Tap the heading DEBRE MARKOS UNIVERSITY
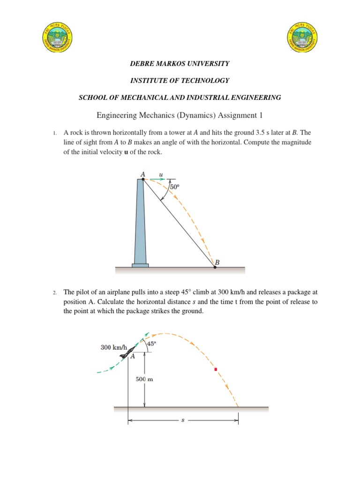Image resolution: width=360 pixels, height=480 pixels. pyautogui.click(x=180, y=63)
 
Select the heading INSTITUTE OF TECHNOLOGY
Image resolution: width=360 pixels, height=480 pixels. pyautogui.click(x=180, y=81)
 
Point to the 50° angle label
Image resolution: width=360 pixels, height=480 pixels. pyautogui.click(x=175, y=187)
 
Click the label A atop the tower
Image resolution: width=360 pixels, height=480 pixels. pyautogui.click(x=143, y=174)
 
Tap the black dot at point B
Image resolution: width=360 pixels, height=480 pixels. pyautogui.click(x=215, y=267)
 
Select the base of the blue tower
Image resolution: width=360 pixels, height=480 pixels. pyautogui.click(x=140, y=265)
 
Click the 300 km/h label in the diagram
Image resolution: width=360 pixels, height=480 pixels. pyautogui.click(x=113, y=347)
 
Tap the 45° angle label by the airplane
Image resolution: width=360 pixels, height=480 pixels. pyautogui.click(x=151, y=344)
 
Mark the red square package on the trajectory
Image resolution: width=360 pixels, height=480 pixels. pyautogui.click(x=216, y=369)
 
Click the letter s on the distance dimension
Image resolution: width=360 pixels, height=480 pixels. pyautogui.click(x=183, y=420)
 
